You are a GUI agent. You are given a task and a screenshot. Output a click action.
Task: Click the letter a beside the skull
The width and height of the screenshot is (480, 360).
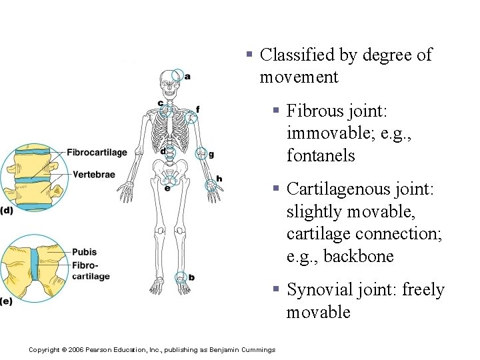(187, 77)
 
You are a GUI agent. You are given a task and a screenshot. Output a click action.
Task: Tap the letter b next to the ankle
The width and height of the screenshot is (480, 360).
(192, 277)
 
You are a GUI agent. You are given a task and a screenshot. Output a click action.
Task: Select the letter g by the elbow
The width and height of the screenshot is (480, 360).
(211, 155)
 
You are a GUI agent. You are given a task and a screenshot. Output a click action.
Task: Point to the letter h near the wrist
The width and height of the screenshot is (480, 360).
(219, 179)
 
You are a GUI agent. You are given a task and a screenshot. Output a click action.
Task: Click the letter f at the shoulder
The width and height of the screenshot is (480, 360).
(197, 109)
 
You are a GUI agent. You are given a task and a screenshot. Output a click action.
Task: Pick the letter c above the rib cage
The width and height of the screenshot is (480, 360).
(161, 103)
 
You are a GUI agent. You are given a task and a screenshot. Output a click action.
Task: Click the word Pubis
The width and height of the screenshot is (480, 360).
(84, 252)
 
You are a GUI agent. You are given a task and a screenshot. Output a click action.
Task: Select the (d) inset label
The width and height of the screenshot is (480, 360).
(6, 211)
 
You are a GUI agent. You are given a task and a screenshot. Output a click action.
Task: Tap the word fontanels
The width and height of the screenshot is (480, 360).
(321, 156)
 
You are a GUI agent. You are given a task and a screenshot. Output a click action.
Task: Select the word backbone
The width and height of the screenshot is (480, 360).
(360, 257)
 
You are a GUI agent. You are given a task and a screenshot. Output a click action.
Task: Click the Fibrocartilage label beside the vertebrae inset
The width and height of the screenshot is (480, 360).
(97, 153)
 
